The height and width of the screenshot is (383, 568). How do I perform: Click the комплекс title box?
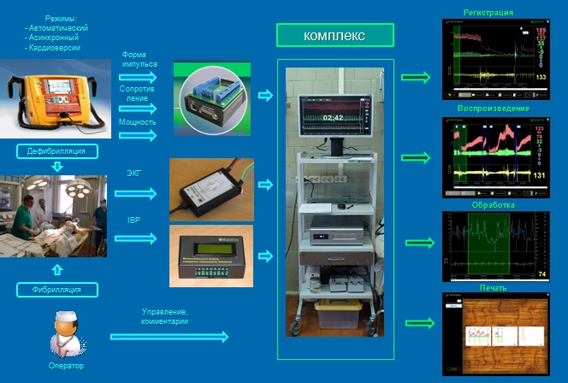tap(334, 35)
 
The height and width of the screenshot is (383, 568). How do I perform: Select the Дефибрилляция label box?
tap(56, 151)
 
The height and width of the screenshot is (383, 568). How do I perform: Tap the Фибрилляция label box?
tap(56, 289)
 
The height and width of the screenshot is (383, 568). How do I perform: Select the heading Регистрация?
tap(488, 13)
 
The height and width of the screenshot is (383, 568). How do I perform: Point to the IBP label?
tap(134, 221)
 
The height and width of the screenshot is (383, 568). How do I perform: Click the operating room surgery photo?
tap(54, 215)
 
